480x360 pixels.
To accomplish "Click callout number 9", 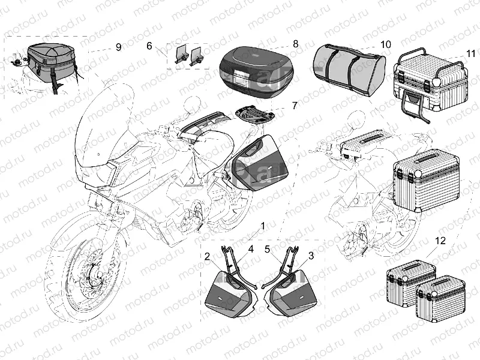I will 118,47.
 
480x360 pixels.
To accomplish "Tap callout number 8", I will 295,43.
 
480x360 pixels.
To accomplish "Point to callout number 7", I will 294,106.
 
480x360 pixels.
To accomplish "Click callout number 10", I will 385,44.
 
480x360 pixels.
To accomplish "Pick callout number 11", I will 470,54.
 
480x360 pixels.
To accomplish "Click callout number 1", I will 262,227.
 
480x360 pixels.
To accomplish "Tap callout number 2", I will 207,256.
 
